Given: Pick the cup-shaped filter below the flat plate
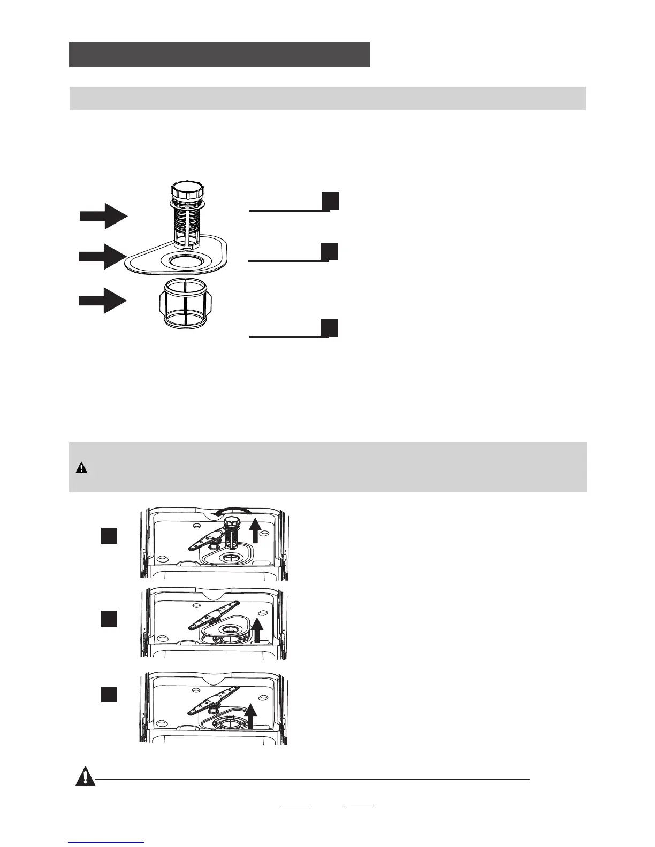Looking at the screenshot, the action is [183, 305].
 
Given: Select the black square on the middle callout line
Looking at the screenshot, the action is [330, 251].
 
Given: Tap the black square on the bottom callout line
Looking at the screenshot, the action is [330, 328].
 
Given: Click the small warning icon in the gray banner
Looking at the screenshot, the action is [81, 468].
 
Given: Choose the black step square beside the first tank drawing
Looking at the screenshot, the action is [109, 536].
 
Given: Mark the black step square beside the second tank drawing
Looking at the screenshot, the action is [109, 618].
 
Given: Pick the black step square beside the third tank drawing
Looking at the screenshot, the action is [109, 694].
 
